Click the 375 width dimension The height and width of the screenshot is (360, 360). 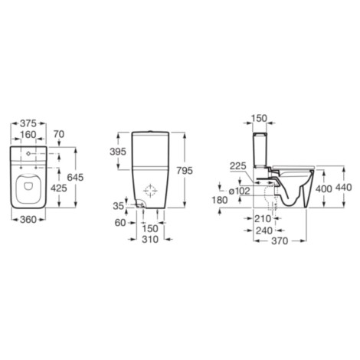(28, 123)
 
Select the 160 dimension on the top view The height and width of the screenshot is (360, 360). (28, 135)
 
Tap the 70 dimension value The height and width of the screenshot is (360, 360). (59, 134)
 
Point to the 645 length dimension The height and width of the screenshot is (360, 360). (75, 177)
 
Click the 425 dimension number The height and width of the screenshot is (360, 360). (59, 188)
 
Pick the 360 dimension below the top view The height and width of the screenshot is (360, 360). (28, 219)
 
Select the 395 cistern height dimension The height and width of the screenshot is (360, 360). (118, 152)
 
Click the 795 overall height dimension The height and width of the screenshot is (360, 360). (185, 171)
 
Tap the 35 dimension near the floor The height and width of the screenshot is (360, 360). (119, 206)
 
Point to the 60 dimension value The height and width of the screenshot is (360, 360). (120, 223)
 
